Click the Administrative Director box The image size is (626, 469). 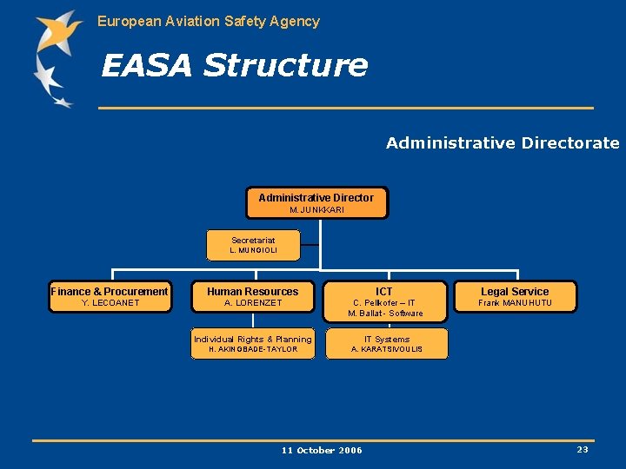316,202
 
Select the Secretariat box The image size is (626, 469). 253,245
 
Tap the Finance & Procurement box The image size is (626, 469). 110,297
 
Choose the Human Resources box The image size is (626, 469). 253,297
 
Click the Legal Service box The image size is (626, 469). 515,297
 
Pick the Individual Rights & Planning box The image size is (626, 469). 253,344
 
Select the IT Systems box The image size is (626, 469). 386,344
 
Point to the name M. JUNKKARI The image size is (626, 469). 316,210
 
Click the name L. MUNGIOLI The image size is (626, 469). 253,250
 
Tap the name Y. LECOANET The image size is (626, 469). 110,303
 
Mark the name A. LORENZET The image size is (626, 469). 253,303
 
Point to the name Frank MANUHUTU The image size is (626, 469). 515,303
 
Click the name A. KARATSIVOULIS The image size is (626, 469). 386,349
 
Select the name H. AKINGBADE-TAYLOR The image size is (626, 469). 253,349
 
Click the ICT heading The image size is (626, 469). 384,292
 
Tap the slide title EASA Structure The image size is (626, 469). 234,65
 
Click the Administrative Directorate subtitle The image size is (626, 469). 503,143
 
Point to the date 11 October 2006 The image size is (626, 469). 322,450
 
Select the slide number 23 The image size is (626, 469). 582,449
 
